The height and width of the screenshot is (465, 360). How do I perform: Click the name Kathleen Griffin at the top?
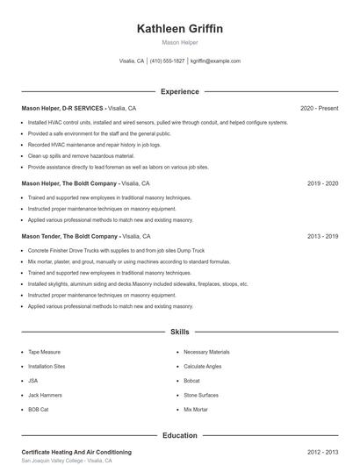point(180,29)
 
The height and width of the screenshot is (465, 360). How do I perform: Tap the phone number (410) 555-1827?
point(167,61)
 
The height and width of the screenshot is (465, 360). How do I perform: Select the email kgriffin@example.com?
point(215,61)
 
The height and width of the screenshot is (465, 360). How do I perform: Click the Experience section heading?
point(180,91)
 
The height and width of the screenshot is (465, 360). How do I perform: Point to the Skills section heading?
point(180,333)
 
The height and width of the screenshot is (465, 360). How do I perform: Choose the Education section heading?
point(180,435)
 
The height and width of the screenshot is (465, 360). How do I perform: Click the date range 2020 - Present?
point(319,108)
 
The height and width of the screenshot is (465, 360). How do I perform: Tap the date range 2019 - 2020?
point(322,183)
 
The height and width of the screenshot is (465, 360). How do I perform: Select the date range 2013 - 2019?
point(322,236)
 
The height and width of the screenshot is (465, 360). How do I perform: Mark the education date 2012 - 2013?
point(322,451)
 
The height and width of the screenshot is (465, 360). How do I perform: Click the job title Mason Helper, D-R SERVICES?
point(62,108)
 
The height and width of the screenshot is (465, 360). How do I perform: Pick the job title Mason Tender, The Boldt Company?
point(70,236)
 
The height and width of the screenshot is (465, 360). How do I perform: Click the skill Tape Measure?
point(44,352)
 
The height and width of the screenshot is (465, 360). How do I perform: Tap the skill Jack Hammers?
point(46,395)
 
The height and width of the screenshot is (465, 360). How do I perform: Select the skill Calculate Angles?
point(203,366)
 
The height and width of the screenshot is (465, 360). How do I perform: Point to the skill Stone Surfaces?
point(202,395)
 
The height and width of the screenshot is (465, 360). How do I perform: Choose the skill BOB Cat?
point(39,409)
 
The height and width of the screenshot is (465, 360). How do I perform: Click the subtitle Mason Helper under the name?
point(180,42)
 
